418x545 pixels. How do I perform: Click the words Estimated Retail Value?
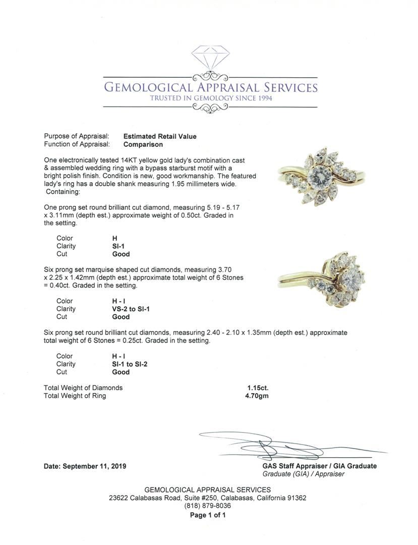pyautogui.click(x=160, y=136)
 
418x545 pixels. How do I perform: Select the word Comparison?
pyautogui.click(x=143, y=144)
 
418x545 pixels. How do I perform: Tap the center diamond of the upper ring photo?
pyautogui.click(x=321, y=177)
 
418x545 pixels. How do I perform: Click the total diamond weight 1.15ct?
pyautogui.click(x=258, y=388)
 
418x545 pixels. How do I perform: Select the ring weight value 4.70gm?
pyautogui.click(x=257, y=396)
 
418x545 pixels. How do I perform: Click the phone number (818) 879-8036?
pyautogui.click(x=207, y=506)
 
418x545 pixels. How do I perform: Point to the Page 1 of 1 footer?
pyautogui.click(x=207, y=515)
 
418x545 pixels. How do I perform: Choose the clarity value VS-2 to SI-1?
pyautogui.click(x=131, y=309)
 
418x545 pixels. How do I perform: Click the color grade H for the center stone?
pyautogui.click(x=115, y=238)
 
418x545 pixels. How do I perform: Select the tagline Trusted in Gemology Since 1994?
pyautogui.click(x=211, y=98)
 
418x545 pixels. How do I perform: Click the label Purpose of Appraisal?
pyautogui.click(x=76, y=136)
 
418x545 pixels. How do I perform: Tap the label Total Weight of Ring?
pyautogui.click(x=75, y=396)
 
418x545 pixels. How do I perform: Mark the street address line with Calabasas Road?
pyautogui.click(x=207, y=498)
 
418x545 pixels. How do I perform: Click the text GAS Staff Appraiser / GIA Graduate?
pyautogui.click(x=319, y=466)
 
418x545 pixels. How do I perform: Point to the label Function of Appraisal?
pyautogui.click(x=77, y=144)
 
